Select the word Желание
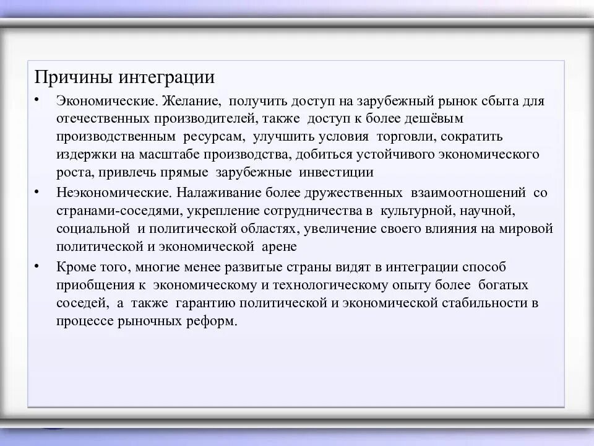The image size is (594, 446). pyautogui.click(x=189, y=100)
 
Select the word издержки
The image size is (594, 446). pyautogui.click(x=83, y=154)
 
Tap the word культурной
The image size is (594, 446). pyautogui.click(x=413, y=211)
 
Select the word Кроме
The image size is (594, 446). pyautogui.click(x=74, y=268)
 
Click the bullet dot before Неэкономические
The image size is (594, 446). pyautogui.click(x=38, y=191)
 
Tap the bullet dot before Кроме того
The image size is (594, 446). pyautogui.click(x=38, y=266)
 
